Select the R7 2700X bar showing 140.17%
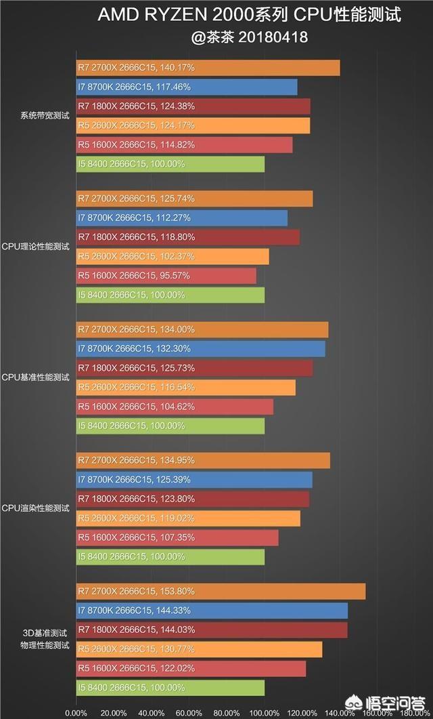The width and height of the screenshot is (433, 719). pos(208,68)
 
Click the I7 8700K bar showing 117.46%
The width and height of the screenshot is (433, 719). pos(187,87)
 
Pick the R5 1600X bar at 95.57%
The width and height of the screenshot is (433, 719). pos(166,276)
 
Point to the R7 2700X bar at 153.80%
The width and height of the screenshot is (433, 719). pos(221,591)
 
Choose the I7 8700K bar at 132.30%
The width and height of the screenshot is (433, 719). pos(201,348)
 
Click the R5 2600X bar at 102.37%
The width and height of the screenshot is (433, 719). pos(173,257)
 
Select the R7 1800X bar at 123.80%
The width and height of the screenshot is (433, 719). pos(193,499)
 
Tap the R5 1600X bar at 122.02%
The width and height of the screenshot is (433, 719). pos(191,668)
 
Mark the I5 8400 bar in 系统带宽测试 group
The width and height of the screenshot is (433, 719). pos(170,164)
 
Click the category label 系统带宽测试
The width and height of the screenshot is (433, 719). pos(45,116)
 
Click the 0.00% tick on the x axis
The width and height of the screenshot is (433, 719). pos(76,713)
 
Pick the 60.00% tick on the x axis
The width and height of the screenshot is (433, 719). pos(189,713)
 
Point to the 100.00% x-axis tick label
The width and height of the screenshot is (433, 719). pos(264,713)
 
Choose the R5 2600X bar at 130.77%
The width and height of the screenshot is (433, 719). pos(199,649)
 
